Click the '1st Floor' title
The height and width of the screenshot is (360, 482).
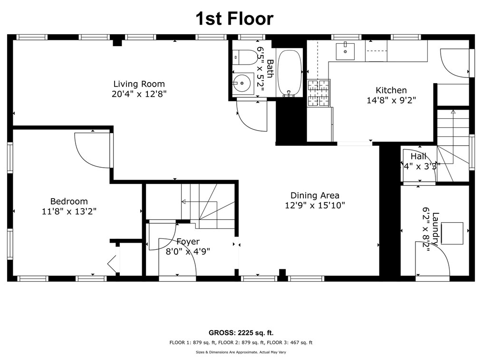click(x=234, y=19)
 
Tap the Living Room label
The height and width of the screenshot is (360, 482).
click(x=139, y=84)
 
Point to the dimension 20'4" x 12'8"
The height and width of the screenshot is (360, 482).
click(x=139, y=94)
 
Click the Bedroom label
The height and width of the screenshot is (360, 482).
click(x=69, y=201)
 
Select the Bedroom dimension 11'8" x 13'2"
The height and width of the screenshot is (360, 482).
click(x=69, y=211)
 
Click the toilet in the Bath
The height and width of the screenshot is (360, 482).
click(x=245, y=57)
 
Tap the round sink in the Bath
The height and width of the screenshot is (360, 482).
click(x=242, y=83)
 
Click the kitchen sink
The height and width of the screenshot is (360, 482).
click(x=345, y=51)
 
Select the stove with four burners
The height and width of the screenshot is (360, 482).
click(x=319, y=93)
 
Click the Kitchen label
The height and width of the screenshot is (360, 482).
click(x=391, y=90)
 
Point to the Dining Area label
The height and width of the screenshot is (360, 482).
click(x=315, y=195)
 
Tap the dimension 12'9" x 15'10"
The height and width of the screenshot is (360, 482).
click(x=315, y=205)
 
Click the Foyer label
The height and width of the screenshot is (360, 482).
click(x=188, y=241)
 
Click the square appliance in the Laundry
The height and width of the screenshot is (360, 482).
click(x=452, y=234)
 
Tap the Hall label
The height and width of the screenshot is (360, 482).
click(x=418, y=156)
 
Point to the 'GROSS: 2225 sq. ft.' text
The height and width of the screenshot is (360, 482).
click(x=241, y=332)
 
